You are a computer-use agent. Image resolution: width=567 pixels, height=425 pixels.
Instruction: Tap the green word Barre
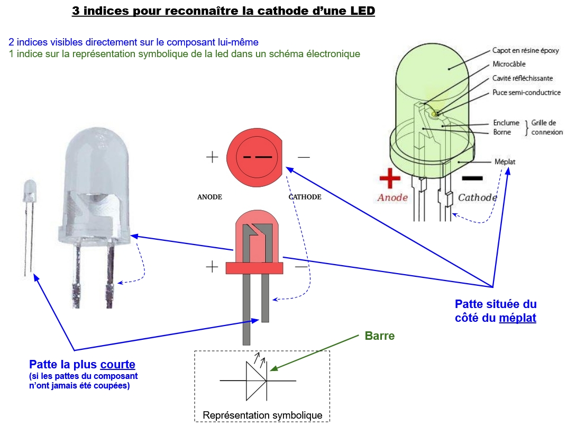pos(379,336)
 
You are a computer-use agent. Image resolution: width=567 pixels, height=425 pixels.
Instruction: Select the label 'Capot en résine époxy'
pos(525,51)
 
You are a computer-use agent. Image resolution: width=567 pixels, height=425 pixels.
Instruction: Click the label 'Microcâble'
pos(509,64)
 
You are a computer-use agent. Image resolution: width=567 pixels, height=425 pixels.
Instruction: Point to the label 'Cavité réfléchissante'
pos(523,78)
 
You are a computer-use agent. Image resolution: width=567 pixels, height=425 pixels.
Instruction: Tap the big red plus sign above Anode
pos(390,178)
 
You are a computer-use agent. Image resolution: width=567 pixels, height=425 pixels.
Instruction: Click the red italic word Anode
pos(392,197)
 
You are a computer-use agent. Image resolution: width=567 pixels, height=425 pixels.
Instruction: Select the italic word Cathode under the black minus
pos(477,197)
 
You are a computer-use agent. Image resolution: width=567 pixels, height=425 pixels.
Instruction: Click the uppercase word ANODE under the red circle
pos(209,197)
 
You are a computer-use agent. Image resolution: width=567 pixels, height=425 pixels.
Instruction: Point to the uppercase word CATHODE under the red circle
pos(305,197)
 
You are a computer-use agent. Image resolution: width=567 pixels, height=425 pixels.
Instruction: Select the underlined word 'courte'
pos(117,364)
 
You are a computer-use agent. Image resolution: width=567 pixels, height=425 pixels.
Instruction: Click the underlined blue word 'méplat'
pos(517,318)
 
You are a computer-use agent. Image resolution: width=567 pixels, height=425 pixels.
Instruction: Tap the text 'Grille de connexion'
pos(545,128)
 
